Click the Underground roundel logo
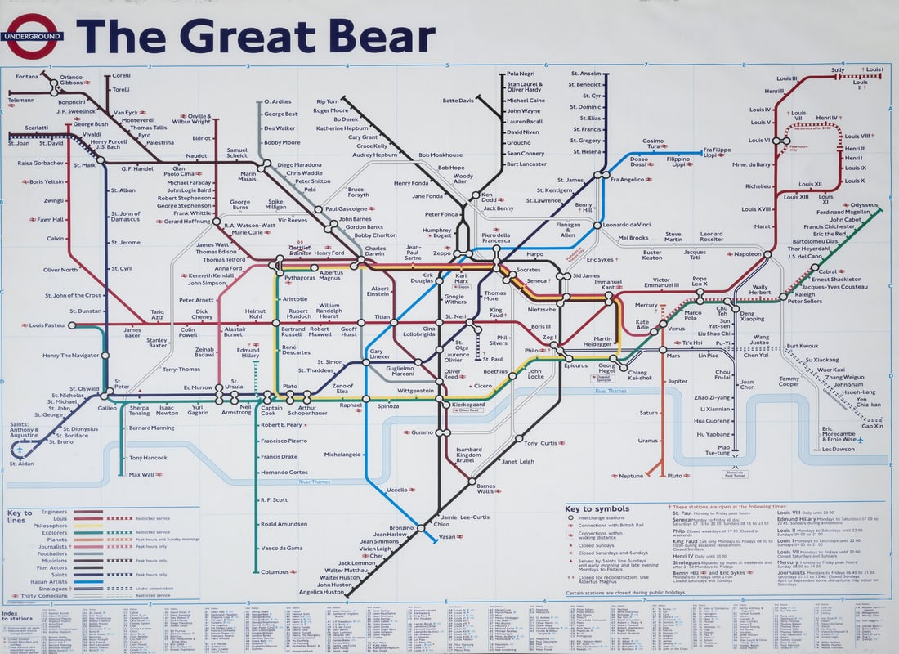[34, 37]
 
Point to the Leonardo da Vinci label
[627, 225]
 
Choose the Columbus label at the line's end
[275, 571]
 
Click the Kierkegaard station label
[474, 405]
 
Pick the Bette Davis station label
[458, 101]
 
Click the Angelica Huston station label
[321, 592]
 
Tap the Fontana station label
[27, 77]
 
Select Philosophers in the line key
[50, 526]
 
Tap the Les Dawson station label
[839, 449]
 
